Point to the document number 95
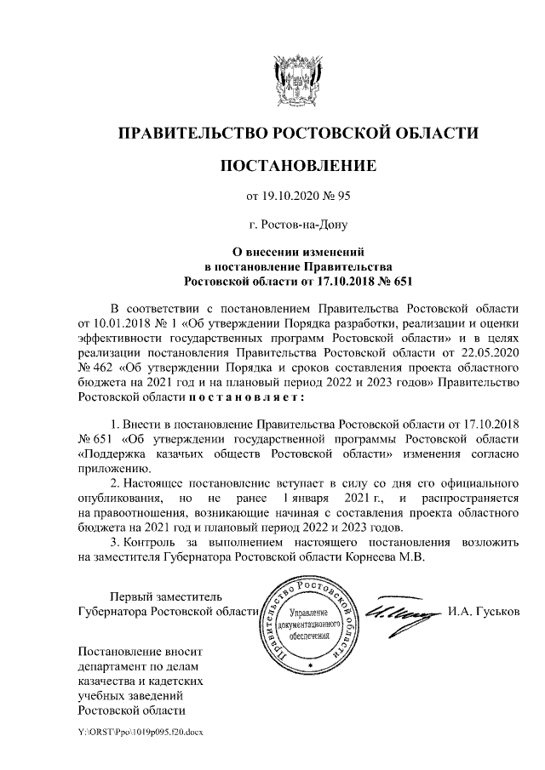click(343, 197)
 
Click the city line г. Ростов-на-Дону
click(297, 225)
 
